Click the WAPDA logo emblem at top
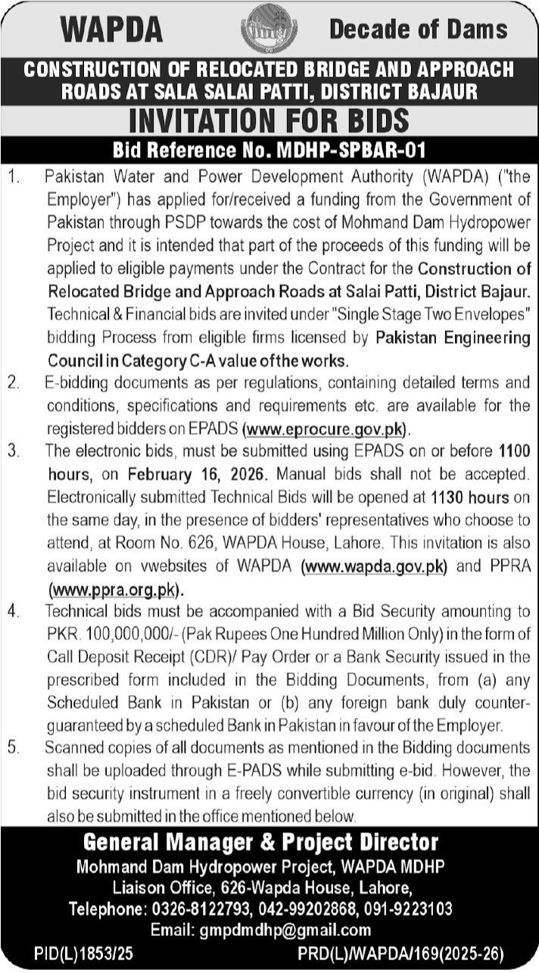(x=269, y=29)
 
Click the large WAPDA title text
(x=112, y=30)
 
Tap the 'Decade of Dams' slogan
(x=418, y=30)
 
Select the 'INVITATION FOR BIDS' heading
(x=269, y=120)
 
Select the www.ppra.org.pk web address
(x=116, y=588)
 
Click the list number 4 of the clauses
(x=13, y=610)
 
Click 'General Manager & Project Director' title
(x=260, y=842)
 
